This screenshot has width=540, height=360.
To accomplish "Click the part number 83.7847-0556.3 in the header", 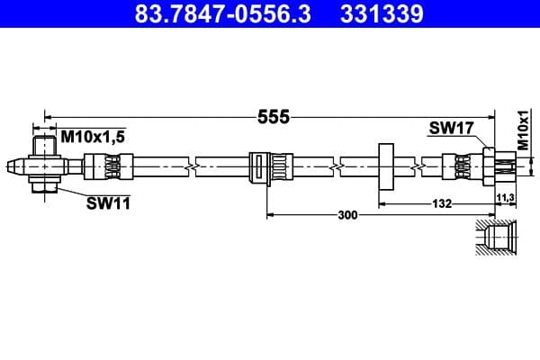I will pyautogui.click(x=213, y=15).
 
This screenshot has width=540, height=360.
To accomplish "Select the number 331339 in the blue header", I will pyautogui.click(x=382, y=15).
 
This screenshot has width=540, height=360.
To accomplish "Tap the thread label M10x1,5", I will pyautogui.click(x=93, y=137).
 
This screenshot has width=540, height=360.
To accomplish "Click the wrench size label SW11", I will pyautogui.click(x=108, y=203).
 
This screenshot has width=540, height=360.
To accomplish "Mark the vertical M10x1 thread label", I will pyautogui.click(x=523, y=130).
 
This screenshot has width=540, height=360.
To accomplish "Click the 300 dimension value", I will pyautogui.click(x=347, y=215).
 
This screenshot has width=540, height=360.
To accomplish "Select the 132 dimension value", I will pyautogui.click(x=442, y=205).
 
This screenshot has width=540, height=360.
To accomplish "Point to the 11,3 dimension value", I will pyautogui.click(x=505, y=196).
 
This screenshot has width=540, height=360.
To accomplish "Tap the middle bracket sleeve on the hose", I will pyautogui.click(x=267, y=167).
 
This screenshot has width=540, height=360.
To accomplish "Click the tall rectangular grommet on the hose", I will pyautogui.click(x=387, y=166).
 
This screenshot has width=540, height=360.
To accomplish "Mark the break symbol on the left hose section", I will pyautogui.click(x=190, y=166).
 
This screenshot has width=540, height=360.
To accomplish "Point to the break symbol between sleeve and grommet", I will pyautogui.click(x=336, y=166).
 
